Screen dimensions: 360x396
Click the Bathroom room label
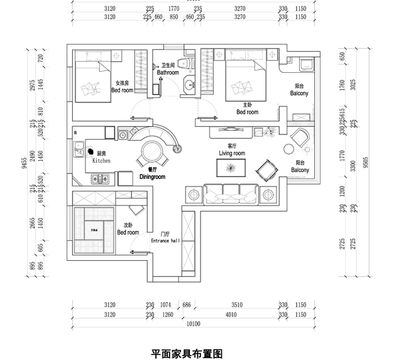168,73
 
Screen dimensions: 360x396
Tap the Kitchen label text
101,161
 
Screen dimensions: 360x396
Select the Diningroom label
151,178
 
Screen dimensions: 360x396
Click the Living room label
231,153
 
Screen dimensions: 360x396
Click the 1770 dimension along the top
174,9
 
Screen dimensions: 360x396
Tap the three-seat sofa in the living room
231,191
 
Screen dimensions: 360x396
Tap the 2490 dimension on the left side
33,163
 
